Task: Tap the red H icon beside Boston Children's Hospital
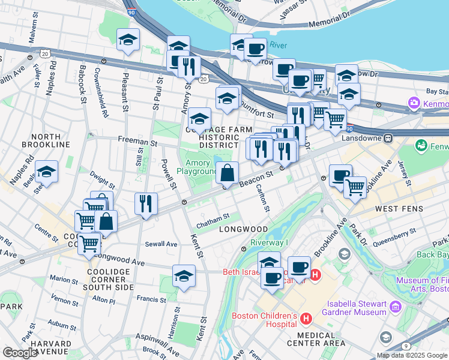pyautogui.click(x=306, y=317)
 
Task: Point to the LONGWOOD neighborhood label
pyautogui.click(x=243, y=229)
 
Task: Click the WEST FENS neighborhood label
pyautogui.click(x=400, y=209)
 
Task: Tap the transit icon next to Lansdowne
pyautogui.click(x=388, y=137)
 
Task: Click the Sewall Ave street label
pyautogui.click(x=161, y=244)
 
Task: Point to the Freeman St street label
pyautogui.click(x=137, y=143)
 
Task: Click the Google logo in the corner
pyautogui.click(x=20, y=352)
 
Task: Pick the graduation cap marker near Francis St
pyautogui.click(x=184, y=276)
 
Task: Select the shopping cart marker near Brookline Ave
pyautogui.click(x=355, y=187)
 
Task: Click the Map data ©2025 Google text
pyautogui.click(x=412, y=355)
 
